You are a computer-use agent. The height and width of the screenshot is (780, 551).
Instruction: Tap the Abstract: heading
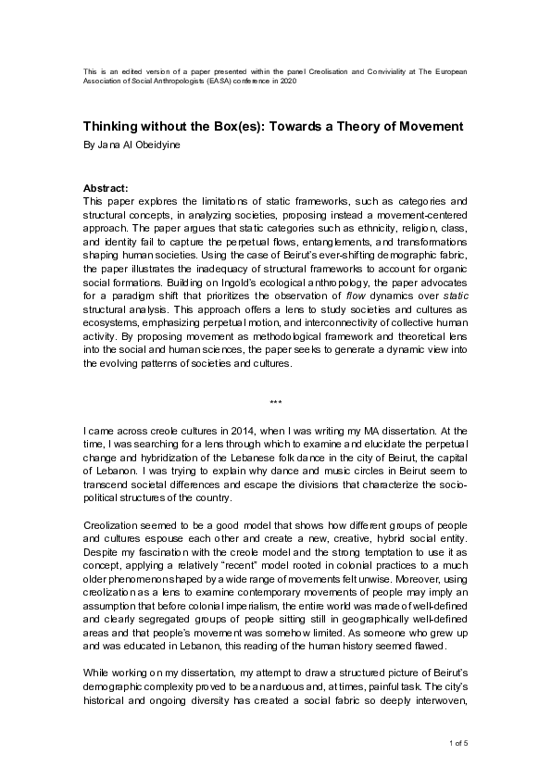(106, 186)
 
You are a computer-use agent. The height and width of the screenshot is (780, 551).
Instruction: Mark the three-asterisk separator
(275, 402)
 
